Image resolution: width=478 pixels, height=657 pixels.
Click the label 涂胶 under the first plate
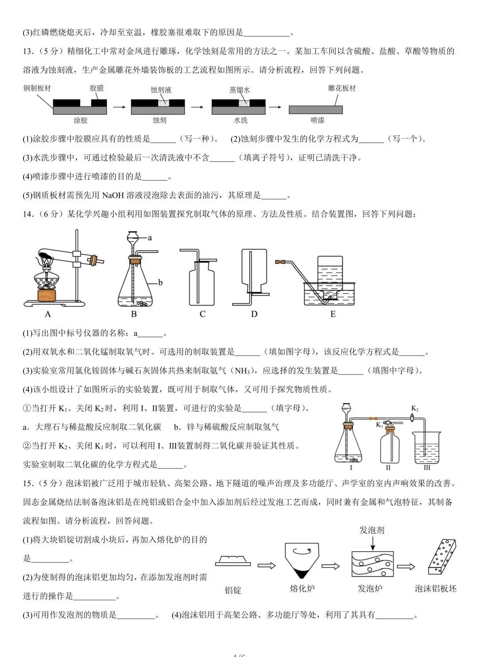[80, 120]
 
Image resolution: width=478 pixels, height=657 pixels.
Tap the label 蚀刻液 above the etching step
[161, 90]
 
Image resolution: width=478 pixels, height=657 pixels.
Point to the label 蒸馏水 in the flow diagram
[239, 90]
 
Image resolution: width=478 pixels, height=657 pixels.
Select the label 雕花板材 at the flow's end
[342, 88]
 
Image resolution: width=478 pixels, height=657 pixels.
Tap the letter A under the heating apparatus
[48, 314]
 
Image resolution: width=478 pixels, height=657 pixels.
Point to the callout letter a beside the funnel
[150, 238]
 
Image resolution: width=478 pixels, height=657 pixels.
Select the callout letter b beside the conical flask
[160, 282]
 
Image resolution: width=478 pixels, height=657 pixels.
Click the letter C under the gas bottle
[202, 314]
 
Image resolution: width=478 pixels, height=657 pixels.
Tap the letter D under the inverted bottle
[254, 314]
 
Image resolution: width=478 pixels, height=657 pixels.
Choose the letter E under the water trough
[333, 314]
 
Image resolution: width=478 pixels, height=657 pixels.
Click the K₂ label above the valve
[415, 408]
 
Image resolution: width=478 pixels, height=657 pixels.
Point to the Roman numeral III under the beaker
[427, 468]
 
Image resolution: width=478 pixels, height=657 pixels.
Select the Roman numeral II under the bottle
[388, 468]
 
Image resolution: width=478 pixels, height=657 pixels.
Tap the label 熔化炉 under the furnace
[302, 588]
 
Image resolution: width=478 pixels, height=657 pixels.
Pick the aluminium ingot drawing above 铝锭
[233, 561]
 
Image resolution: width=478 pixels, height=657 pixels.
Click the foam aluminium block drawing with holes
[442, 557]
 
